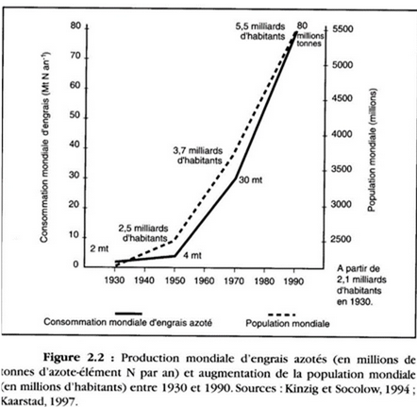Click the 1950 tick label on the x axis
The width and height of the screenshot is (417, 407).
[175, 280]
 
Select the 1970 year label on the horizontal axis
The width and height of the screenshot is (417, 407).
[234, 280]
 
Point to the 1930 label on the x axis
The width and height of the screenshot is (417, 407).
[115, 280]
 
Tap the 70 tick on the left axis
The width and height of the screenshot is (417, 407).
[75, 56]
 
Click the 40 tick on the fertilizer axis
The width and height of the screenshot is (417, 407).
[75, 145]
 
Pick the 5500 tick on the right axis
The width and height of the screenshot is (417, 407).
[342, 29]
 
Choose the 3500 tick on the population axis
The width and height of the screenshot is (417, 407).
[342, 169]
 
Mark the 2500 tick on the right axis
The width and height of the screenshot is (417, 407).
[341, 240]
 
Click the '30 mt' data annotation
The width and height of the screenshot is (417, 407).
[250, 180]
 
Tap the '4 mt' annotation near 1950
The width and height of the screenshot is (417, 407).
[192, 255]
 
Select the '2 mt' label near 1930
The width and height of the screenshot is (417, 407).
[99, 248]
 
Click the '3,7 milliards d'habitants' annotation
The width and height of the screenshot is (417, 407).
[198, 156]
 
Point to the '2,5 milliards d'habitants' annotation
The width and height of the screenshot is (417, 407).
[143, 233]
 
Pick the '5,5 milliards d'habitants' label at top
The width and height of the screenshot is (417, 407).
[260, 31]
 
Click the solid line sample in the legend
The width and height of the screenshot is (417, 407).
[128, 314]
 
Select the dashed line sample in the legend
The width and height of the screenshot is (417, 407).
[282, 314]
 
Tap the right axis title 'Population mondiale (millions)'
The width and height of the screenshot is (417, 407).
[372, 150]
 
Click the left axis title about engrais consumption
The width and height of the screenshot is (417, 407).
[44, 146]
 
